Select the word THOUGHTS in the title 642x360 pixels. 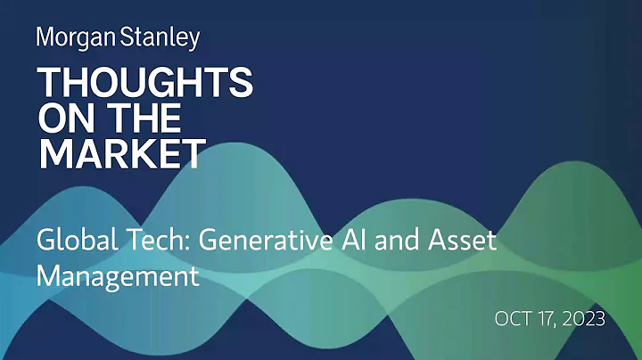click(144, 85)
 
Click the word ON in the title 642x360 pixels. click(65, 119)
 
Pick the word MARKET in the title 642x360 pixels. click(121, 154)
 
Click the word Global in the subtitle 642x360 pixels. click(70, 241)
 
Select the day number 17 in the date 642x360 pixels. click(548, 318)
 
